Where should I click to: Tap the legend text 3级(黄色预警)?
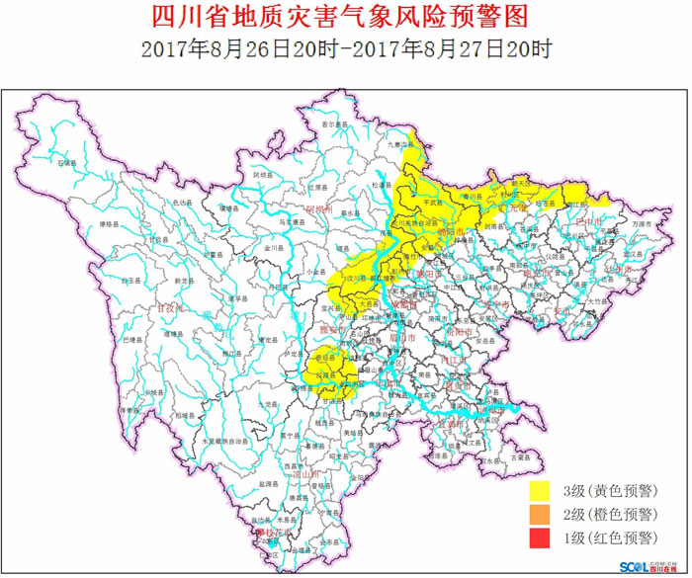pos(609,490)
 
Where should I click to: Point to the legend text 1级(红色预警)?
pos(609,537)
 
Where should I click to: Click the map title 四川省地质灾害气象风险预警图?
pos(345,17)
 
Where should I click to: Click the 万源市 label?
pos(644,224)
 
